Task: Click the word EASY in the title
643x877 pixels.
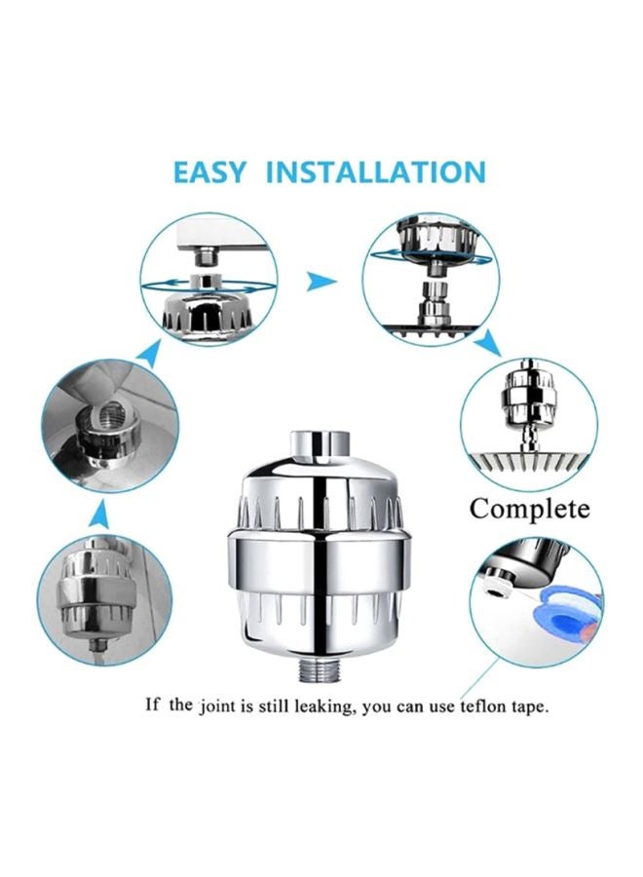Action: point(210,172)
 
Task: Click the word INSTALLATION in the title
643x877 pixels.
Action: point(375,172)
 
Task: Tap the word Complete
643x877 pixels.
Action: point(529,508)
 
